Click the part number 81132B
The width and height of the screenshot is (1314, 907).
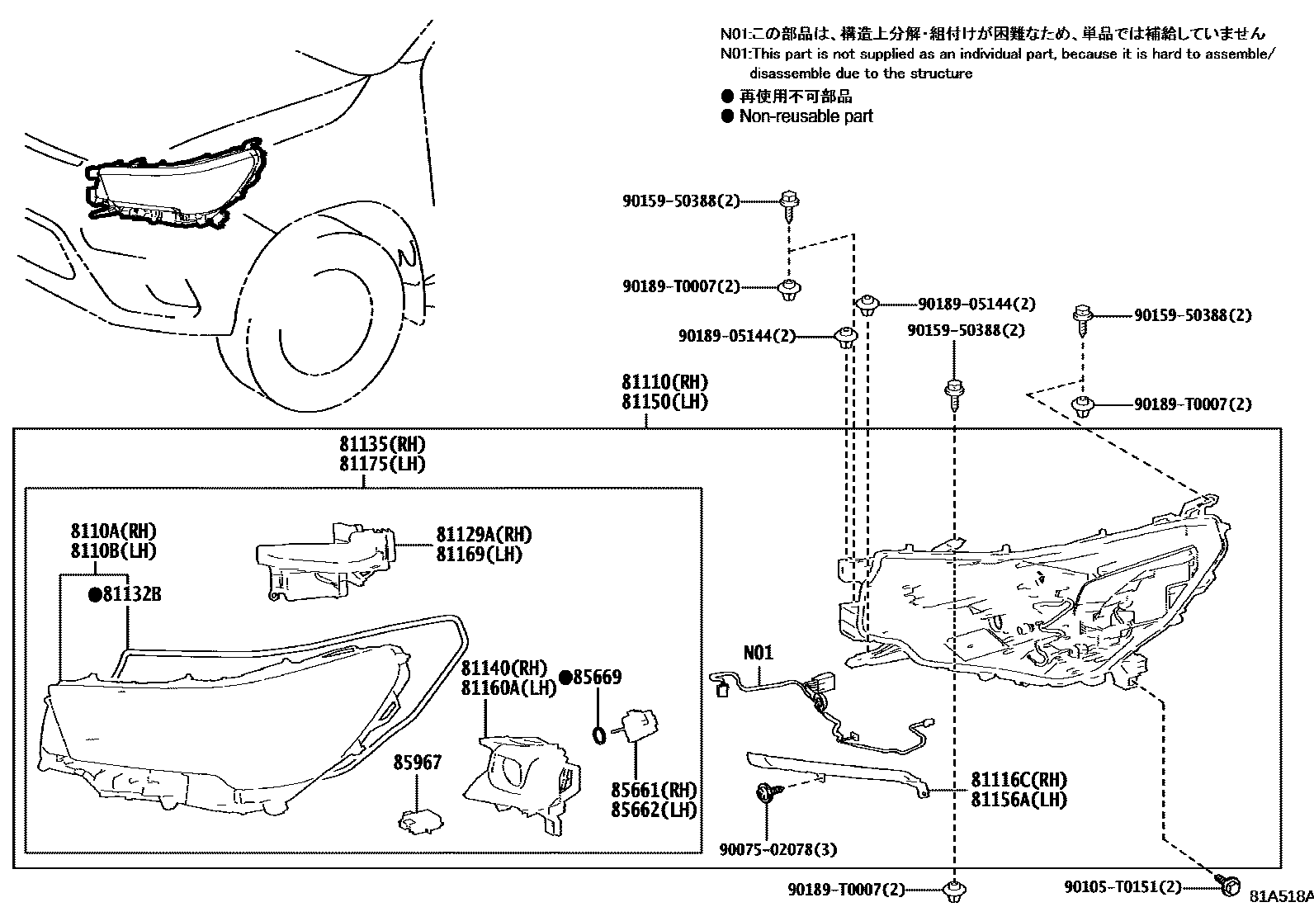point(130,593)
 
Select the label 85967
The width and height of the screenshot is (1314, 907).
point(418,762)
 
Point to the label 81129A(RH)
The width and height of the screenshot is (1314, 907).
point(484,535)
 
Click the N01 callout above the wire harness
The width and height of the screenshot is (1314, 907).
point(759,653)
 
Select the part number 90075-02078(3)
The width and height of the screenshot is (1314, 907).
point(773,849)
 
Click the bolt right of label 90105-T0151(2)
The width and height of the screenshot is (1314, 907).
point(1228,886)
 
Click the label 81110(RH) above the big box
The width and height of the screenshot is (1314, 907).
point(664,383)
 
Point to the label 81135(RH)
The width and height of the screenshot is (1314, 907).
point(381,444)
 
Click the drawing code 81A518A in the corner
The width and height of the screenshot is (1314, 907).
point(1279,896)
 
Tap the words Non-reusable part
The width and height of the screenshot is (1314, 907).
point(806,116)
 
